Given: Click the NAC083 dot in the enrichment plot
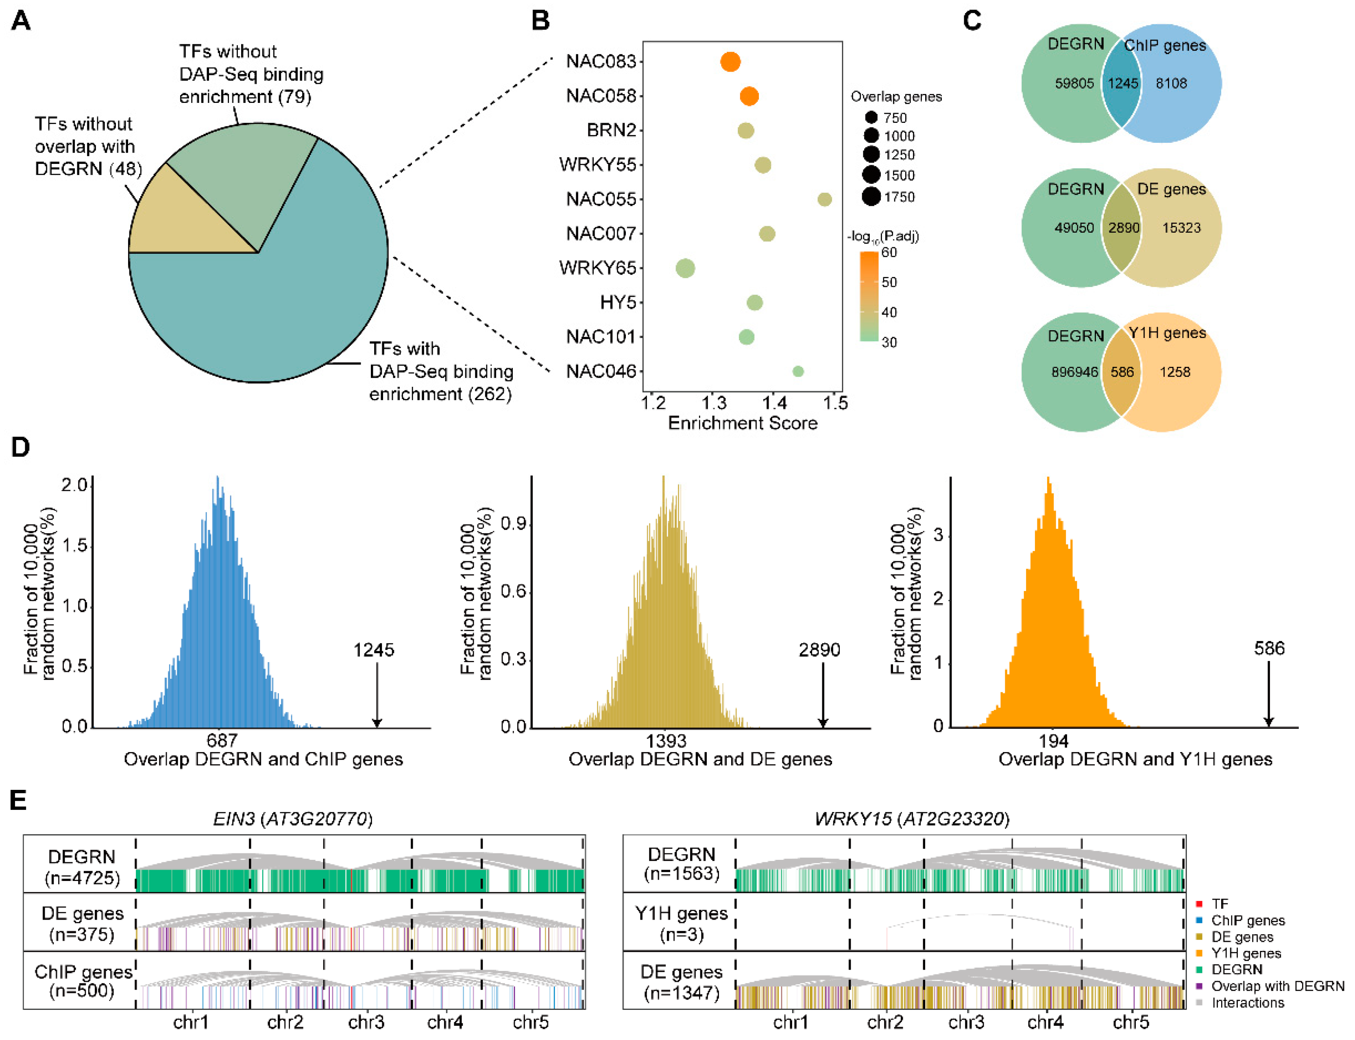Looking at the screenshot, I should (x=730, y=62).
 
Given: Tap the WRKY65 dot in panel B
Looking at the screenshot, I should (x=685, y=268).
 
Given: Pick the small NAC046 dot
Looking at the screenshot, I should (x=798, y=371).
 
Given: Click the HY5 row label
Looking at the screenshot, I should (x=617, y=303).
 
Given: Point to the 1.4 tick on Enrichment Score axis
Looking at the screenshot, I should (x=774, y=403).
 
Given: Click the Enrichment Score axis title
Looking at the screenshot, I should (x=742, y=423).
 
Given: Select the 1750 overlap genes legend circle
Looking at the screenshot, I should (x=871, y=197).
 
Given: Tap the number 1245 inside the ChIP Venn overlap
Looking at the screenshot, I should (x=1122, y=83).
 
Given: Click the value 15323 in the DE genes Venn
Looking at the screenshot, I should (x=1181, y=228).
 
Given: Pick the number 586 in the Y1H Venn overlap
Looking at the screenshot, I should (x=1122, y=372).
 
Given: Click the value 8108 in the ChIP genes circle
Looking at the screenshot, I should (x=1171, y=83).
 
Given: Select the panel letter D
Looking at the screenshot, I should (x=20, y=447).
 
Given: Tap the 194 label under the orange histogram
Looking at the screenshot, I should (x=1053, y=741).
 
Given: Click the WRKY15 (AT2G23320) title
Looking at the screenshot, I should (x=912, y=819).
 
